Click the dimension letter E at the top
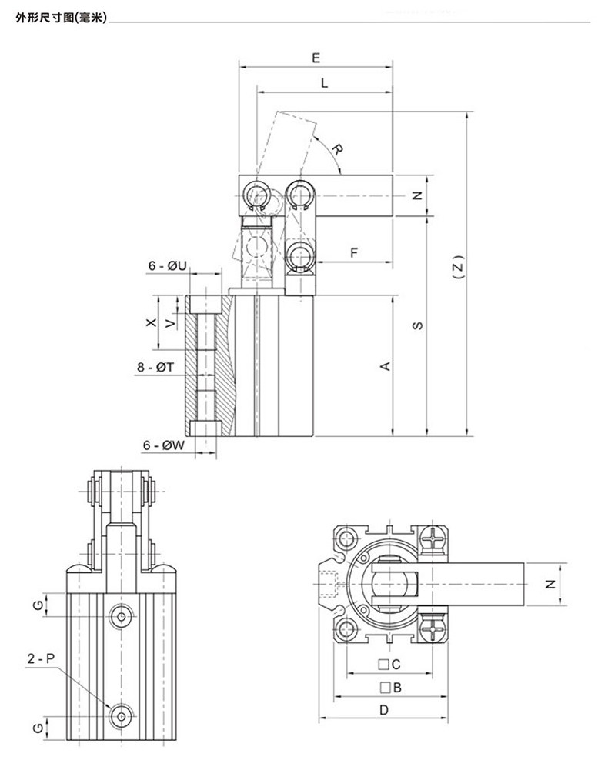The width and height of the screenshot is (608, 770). click(x=316, y=58)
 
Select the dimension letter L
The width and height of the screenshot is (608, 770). click(x=324, y=83)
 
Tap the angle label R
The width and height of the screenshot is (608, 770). click(x=336, y=148)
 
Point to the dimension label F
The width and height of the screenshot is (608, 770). click(x=354, y=253)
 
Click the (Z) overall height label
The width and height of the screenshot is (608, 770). click(x=458, y=267)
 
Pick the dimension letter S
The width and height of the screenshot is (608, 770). click(x=418, y=325)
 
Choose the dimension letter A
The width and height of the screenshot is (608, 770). click(x=386, y=366)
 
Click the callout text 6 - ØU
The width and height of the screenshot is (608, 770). click(x=168, y=265)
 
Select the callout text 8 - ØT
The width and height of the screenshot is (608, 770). click(x=155, y=367)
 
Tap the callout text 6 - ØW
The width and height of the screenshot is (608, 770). click(x=164, y=445)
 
